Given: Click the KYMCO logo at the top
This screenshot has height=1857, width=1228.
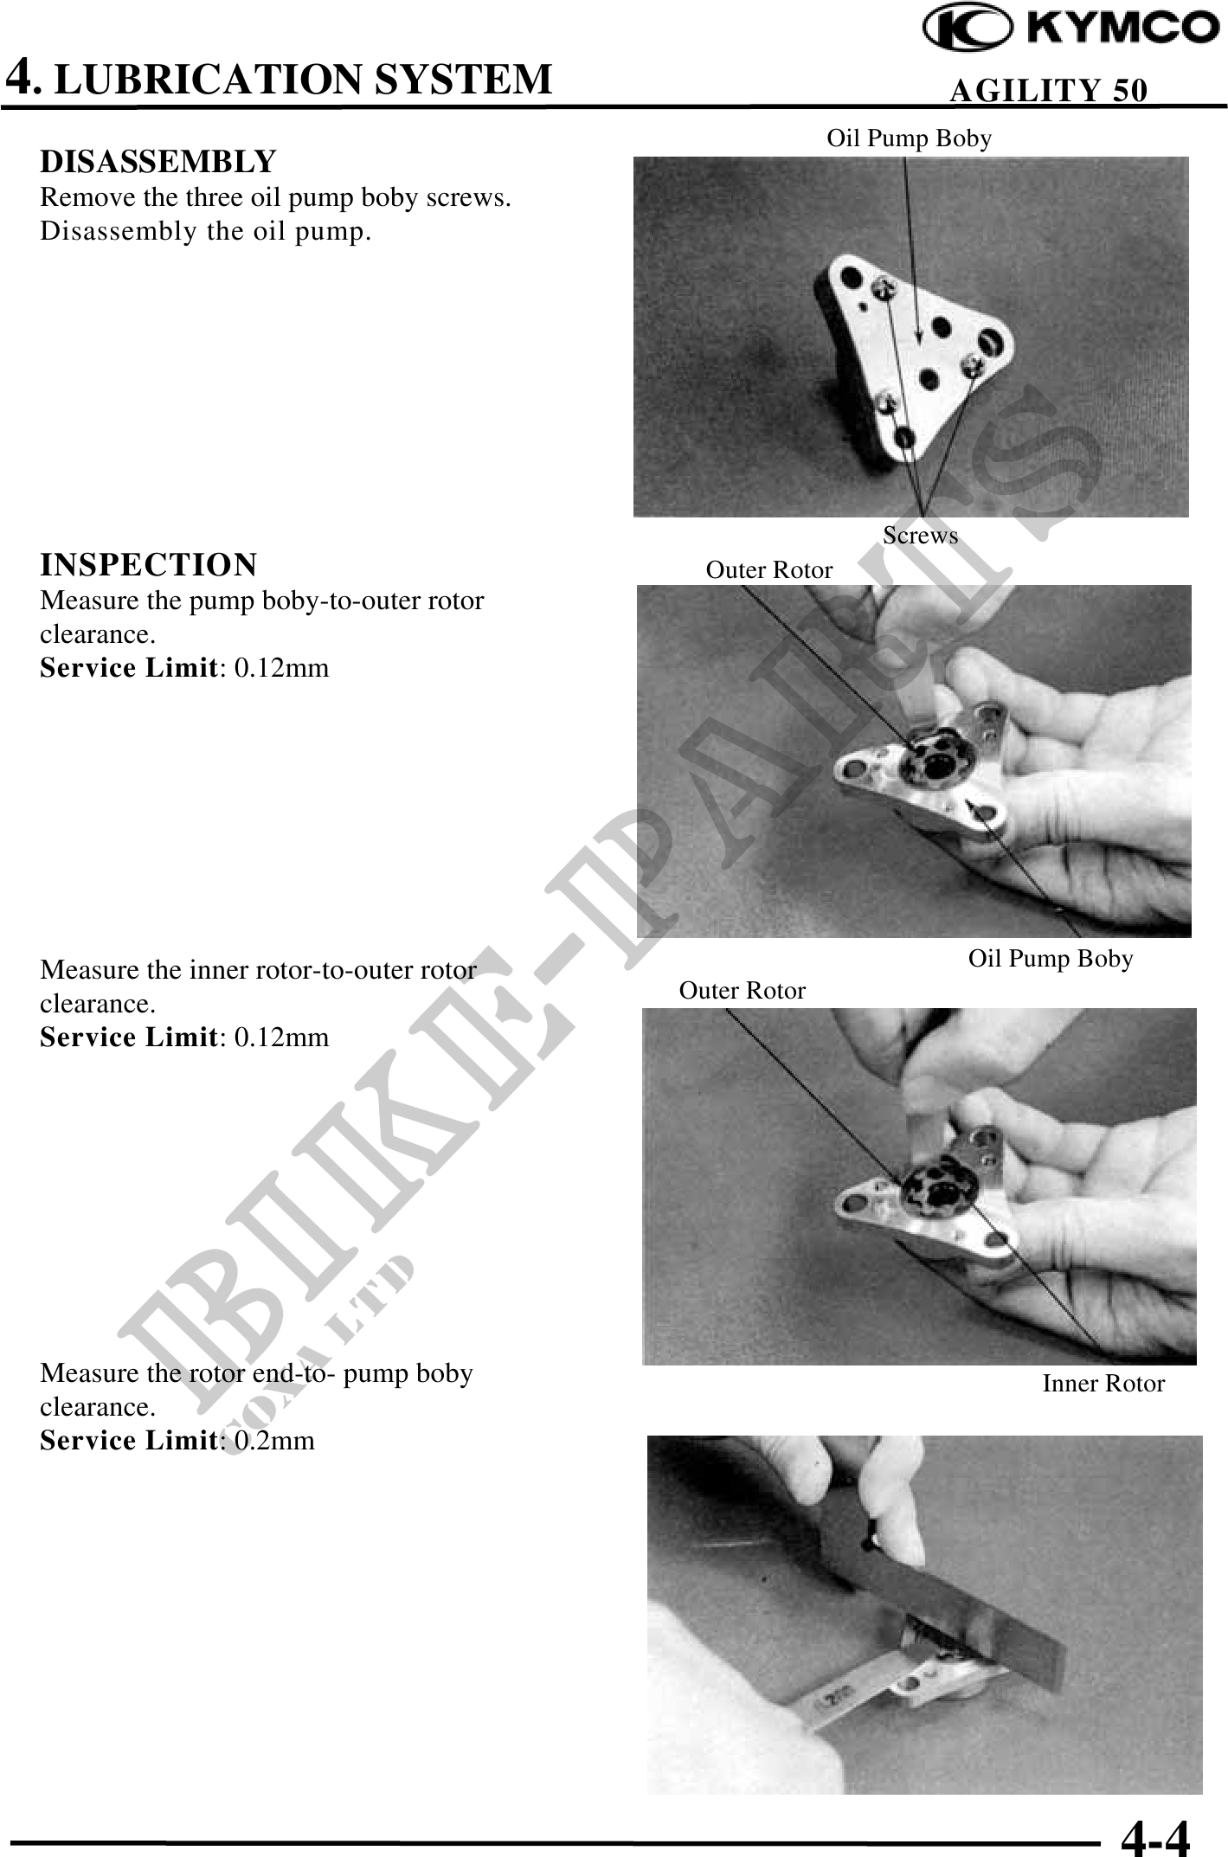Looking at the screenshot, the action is point(1070,30).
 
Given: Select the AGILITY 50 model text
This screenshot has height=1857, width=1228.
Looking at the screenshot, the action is point(1049,90).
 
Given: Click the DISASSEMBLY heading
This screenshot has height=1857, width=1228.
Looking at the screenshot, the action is point(158,161).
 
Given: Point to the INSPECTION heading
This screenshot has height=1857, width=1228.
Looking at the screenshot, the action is point(149,564).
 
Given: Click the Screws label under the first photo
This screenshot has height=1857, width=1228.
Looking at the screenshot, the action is point(921,536).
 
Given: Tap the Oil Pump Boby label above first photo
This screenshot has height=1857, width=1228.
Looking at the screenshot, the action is point(909,138).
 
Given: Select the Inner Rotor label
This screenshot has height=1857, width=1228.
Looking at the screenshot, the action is point(1103,1383).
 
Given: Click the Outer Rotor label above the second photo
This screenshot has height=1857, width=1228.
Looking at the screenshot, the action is point(769,570).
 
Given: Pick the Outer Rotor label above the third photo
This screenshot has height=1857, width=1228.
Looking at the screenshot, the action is point(743,991).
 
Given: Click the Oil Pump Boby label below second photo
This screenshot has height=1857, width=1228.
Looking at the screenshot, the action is point(1051,959).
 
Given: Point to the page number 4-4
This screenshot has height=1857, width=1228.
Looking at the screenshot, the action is point(1155,1835).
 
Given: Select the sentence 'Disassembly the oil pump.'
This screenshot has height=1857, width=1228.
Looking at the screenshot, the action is point(206,232).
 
